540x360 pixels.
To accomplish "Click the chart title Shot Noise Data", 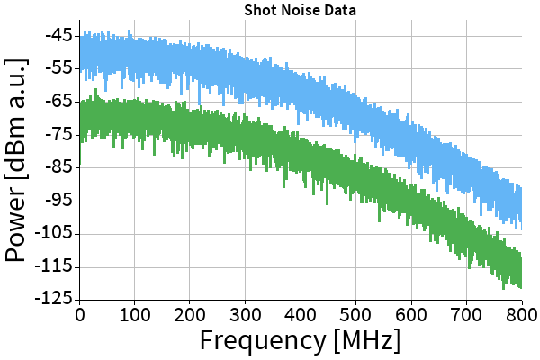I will pos(301,10).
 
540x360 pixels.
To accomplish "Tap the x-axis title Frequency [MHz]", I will pos(300,341).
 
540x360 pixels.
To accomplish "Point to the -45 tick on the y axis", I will pos(59,36).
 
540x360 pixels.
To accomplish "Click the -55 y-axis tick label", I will pos(59,68).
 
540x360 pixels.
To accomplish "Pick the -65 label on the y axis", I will pos(59,102).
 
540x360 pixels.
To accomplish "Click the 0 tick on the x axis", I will pos(80,314).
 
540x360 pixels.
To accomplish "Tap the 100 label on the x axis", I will pos(135,314).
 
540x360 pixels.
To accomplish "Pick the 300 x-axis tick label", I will pos(246,314).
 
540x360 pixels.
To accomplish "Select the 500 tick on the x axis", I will pos(356,314).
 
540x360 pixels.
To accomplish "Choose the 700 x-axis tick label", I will pos(467,314).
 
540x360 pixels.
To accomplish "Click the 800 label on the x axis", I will pos(520,314).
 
